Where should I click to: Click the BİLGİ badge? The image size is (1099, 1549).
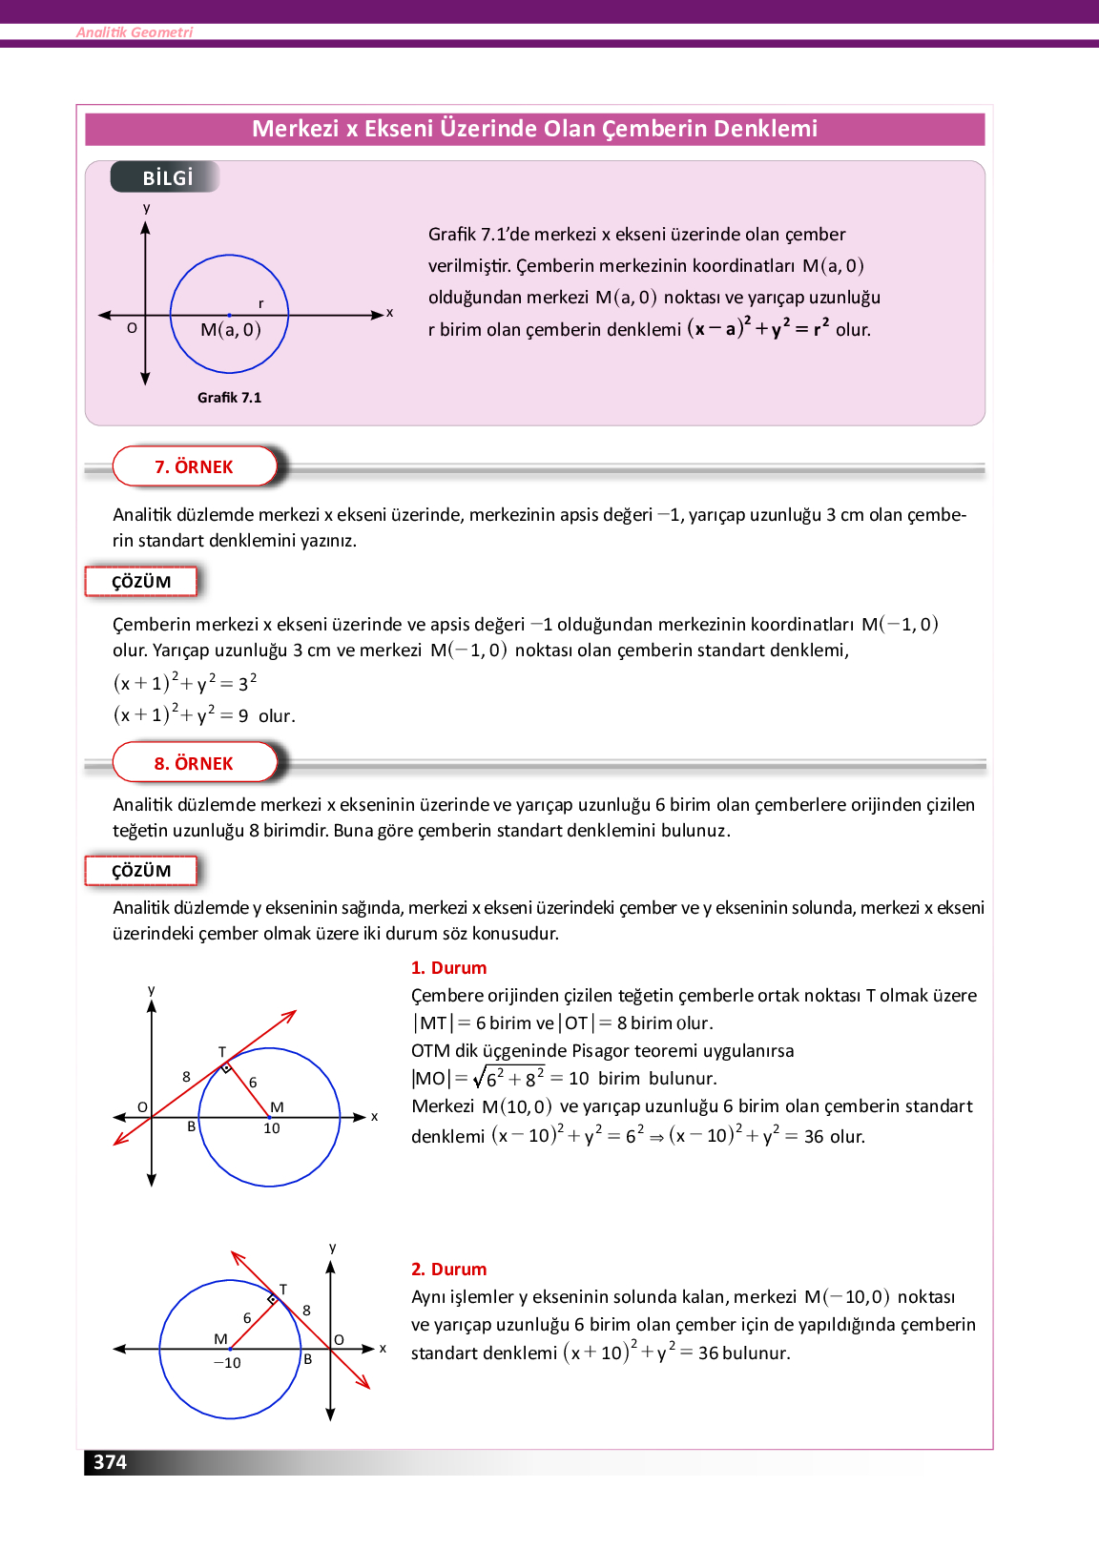167,177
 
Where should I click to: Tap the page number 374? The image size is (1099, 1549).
110,1462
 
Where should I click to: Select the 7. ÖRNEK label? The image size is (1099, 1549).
194,466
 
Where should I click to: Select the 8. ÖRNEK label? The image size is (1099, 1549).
194,763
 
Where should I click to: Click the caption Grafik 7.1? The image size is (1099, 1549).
229,398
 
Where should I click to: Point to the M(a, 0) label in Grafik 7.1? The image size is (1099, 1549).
230,330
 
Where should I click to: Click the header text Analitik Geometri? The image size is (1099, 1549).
135,32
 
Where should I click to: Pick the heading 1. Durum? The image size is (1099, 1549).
448,968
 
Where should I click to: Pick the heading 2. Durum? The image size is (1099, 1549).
448,1270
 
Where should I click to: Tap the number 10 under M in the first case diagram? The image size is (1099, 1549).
272,1128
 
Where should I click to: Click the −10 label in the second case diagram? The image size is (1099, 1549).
227,1363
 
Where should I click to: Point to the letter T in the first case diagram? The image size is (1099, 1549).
222,1052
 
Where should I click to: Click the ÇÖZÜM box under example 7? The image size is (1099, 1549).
141,582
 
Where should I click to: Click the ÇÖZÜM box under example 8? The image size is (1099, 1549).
141,871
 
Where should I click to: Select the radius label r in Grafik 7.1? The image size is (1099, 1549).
260,304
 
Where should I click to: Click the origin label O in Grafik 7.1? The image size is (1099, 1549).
132,328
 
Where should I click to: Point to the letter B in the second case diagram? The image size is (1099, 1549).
308,1359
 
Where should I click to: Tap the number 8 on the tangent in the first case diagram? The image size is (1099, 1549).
186,1077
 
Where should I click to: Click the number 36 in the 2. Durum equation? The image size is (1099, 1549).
708,1353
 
